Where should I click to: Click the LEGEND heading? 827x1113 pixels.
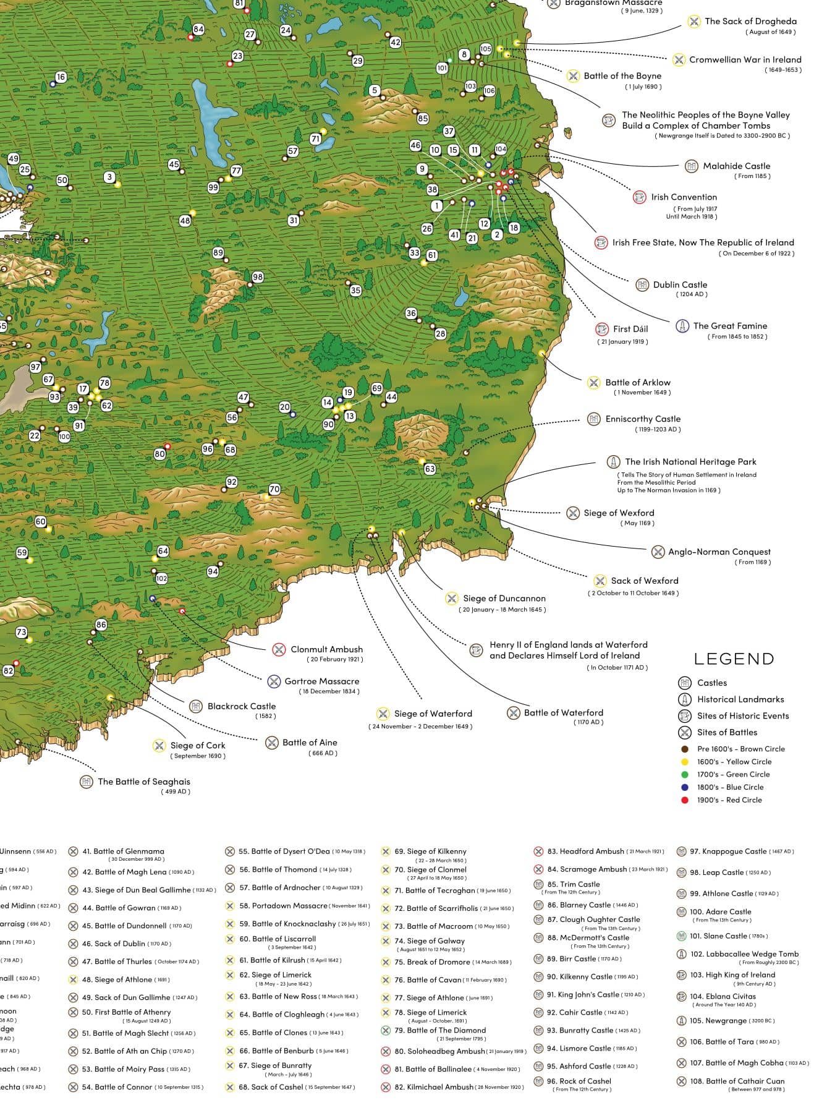pos(734,659)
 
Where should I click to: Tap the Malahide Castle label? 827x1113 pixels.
pos(736,166)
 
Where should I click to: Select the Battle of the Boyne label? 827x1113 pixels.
pos(622,76)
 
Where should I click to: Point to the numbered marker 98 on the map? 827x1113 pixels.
pos(257,278)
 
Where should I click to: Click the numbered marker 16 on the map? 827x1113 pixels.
pos(60,77)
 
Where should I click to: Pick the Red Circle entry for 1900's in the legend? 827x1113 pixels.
pos(729,800)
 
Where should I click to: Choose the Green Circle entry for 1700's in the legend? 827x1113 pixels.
pos(729,774)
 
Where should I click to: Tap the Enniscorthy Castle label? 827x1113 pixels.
pos(642,419)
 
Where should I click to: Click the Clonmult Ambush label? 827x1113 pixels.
pos(326,649)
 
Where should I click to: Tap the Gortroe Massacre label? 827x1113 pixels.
pos(321,681)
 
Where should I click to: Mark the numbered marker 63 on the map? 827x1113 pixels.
pos(430,469)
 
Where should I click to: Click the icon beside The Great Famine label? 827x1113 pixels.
pos(682,326)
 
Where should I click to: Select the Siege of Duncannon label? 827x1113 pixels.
pos(504,599)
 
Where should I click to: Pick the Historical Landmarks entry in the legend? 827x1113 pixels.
pos(740,699)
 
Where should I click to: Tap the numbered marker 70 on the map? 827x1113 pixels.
pos(274,489)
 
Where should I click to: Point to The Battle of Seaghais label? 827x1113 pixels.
pos(143,782)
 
